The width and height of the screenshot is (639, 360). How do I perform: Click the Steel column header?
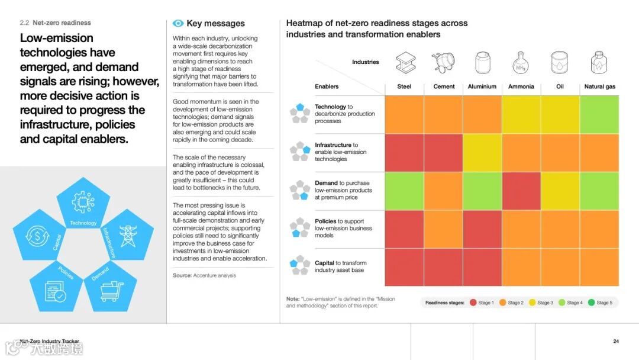[404, 86]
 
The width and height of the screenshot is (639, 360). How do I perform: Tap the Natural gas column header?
[599, 86]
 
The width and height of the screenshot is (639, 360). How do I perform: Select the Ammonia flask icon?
[521, 63]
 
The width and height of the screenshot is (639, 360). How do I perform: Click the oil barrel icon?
[560, 62]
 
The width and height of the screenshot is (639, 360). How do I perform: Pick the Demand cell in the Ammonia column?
[521, 191]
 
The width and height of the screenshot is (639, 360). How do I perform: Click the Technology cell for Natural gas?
[599, 114]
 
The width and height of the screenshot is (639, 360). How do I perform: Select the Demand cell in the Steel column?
[404, 191]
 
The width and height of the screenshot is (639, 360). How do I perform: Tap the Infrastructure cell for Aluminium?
[482, 153]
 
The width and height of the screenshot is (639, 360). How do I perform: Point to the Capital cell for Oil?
[560, 267]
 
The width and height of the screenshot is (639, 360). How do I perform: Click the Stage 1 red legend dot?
[473, 303]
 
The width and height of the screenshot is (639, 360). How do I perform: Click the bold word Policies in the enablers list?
[325, 221]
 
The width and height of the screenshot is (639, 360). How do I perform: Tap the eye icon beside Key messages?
[178, 24]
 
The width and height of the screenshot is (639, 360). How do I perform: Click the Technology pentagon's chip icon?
[83, 202]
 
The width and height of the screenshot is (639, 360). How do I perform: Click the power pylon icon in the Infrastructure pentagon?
[128, 235]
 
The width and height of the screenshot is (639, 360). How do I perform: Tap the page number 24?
[616, 341]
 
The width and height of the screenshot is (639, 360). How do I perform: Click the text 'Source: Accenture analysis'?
[204, 275]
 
